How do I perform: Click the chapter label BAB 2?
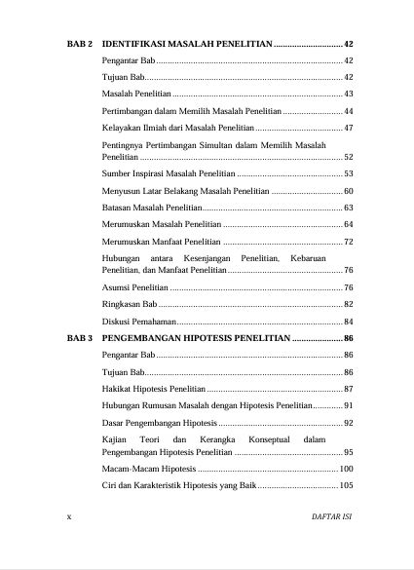(79, 45)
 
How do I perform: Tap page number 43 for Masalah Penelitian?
(349, 94)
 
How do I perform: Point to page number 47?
(349, 128)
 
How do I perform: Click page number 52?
(349, 156)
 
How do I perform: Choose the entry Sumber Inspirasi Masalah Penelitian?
(169, 172)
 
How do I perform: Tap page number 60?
(349, 190)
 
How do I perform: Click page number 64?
(349, 225)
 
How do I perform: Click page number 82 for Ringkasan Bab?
(349, 305)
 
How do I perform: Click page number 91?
(349, 405)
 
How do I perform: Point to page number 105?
(346, 486)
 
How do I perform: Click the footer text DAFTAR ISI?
(332, 515)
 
